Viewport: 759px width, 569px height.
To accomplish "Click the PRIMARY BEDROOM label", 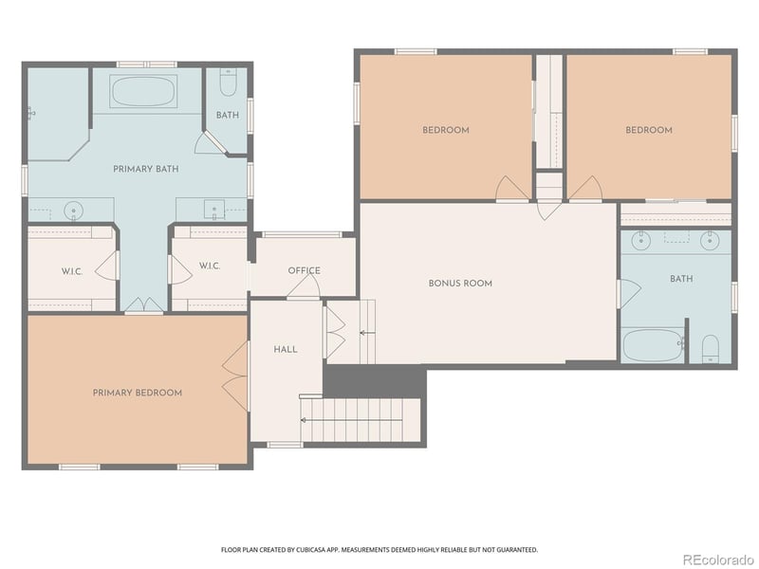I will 137,393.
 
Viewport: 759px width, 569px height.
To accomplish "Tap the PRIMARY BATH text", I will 146,169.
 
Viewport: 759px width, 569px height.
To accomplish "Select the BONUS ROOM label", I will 460,283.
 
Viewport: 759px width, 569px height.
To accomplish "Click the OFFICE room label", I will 304,270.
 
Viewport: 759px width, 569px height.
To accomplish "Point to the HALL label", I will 286,349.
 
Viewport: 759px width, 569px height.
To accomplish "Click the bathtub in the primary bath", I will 143,92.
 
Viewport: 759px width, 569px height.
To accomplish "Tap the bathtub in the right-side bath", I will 652,345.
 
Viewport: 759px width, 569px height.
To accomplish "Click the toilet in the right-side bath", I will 711,350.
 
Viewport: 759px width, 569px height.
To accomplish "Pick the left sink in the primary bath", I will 75,210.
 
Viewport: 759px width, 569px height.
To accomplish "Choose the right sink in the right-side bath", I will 710,240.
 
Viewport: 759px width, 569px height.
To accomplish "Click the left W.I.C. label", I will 72,271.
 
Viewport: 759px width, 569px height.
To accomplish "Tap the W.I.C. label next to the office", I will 209,266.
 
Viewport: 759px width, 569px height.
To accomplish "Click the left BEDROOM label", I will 446,130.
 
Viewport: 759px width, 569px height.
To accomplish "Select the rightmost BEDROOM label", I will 649,130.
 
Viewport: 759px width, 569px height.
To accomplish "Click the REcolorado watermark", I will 717,559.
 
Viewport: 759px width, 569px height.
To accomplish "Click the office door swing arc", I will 304,288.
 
